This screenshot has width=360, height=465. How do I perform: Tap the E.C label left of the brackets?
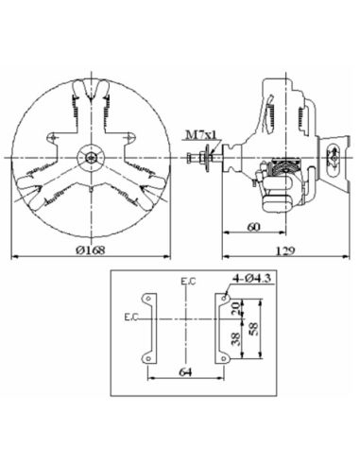(x=129, y=317)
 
